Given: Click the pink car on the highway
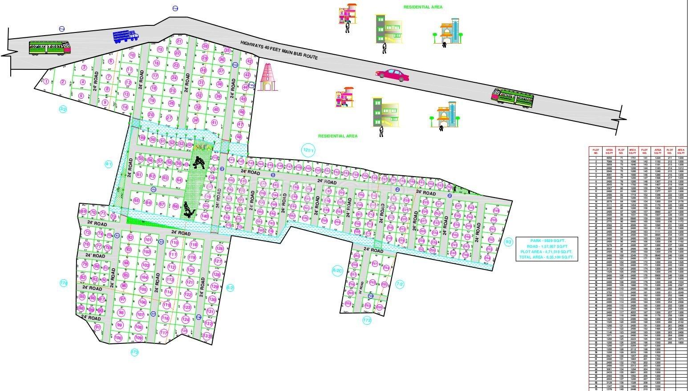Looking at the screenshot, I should point(392,75).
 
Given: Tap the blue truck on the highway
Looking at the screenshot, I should point(126,36).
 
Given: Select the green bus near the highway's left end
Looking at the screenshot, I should point(50,48).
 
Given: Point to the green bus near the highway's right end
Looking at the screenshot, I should point(512,97).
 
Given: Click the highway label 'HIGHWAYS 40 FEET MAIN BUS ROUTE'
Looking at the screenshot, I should point(279,50).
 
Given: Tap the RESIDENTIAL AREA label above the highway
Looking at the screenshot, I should point(423,7).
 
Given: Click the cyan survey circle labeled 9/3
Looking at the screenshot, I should point(509,242).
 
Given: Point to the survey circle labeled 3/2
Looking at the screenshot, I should point(63,109).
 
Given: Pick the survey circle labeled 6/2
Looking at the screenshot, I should point(230,288).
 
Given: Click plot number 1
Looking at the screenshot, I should point(46,81).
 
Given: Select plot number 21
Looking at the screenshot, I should point(179,41).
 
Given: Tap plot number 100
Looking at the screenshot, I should point(118,338).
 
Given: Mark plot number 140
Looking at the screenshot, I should point(205,216).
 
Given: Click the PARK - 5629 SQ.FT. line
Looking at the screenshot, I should point(546,241).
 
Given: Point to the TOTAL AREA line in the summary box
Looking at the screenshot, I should point(546,257).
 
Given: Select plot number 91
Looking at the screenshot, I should point(98,327).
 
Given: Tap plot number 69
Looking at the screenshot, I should point(84,212).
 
